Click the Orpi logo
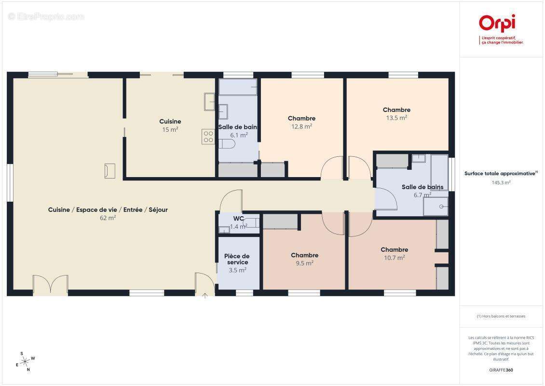tap(501, 29)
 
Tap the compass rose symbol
tap(26, 362)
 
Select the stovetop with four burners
tap(208, 137)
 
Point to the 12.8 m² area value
tap(301, 126)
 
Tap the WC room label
tap(238, 219)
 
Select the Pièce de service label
tap(237, 259)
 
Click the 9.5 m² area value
tap(304, 263)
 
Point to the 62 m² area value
tap(108, 218)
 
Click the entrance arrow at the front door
tap(205, 296)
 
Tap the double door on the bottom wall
tap(50, 285)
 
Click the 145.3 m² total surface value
tap(501, 182)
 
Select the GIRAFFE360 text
tap(501, 370)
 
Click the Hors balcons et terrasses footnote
tap(501, 316)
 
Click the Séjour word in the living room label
tap(158, 210)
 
